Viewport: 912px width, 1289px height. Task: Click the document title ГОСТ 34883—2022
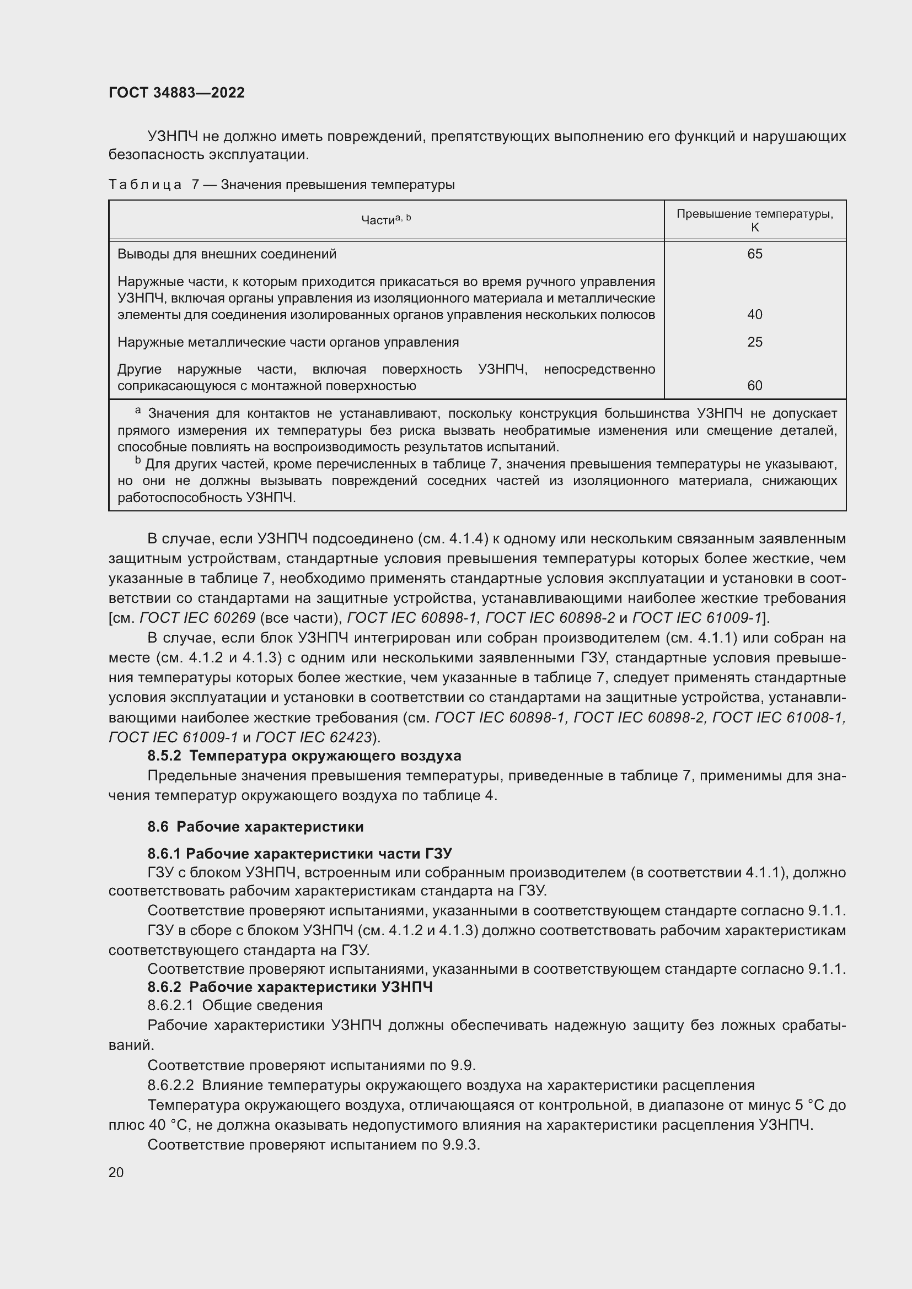pyautogui.click(x=176, y=93)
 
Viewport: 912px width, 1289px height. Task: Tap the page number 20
pyautogui.click(x=116, y=1172)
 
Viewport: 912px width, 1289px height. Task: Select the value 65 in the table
pyautogui.click(x=754, y=254)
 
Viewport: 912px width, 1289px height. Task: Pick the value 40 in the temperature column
pyautogui.click(x=754, y=314)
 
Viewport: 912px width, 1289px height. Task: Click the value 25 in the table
pyautogui.click(x=754, y=342)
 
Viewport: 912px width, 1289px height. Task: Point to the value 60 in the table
pyautogui.click(x=754, y=386)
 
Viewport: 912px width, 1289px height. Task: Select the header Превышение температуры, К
pyautogui.click(x=754, y=220)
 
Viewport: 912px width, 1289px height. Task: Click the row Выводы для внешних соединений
pyautogui.click(x=227, y=254)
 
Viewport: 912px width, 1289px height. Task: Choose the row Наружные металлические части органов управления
pyautogui.click(x=287, y=342)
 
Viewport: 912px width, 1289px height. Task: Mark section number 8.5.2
pyautogui.click(x=164, y=756)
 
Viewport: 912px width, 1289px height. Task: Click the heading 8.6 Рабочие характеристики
pyautogui.click(x=255, y=827)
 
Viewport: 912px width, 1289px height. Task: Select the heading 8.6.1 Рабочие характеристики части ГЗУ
pyautogui.click(x=299, y=853)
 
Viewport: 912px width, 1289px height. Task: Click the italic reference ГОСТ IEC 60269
pyautogui.click(x=198, y=618)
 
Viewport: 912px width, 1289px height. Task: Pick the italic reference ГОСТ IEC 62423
pyautogui.click(x=314, y=737)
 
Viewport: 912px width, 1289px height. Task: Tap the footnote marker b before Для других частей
pyautogui.click(x=138, y=461)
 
